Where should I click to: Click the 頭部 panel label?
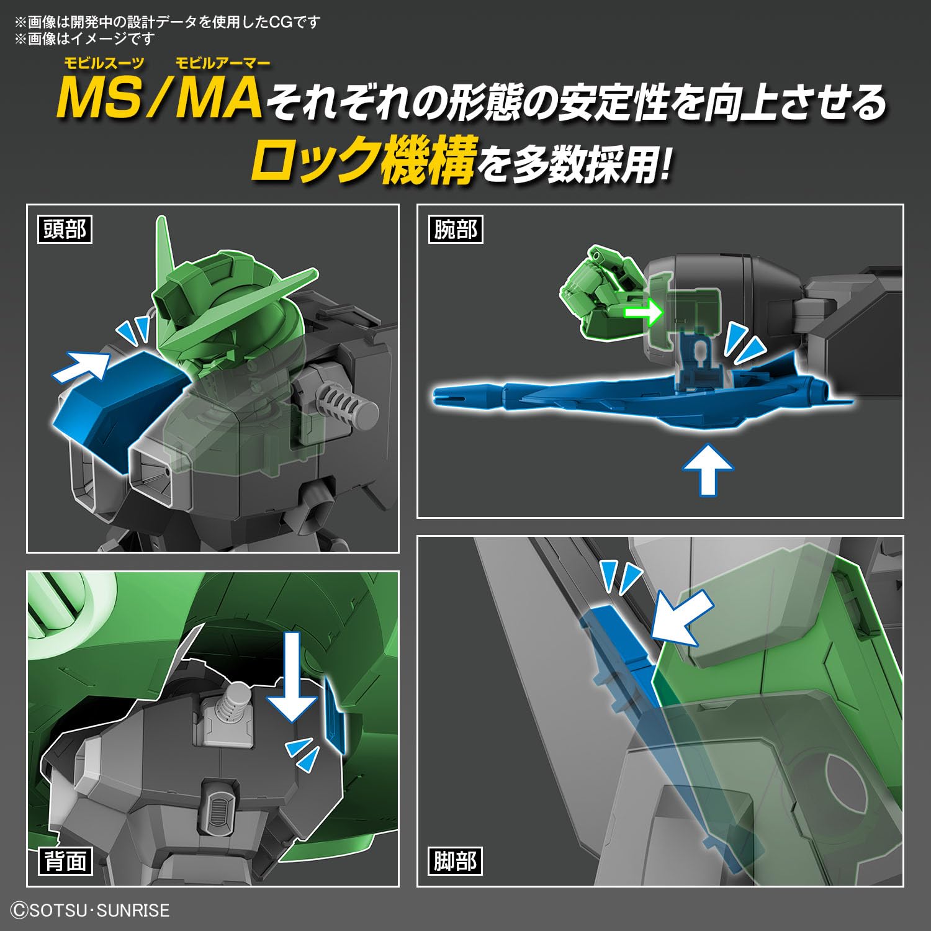pyautogui.click(x=65, y=230)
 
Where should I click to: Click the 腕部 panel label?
pyautogui.click(x=455, y=230)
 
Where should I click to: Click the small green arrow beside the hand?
pyautogui.click(x=643, y=312)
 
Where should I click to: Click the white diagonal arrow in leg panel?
pyautogui.click(x=683, y=618)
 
